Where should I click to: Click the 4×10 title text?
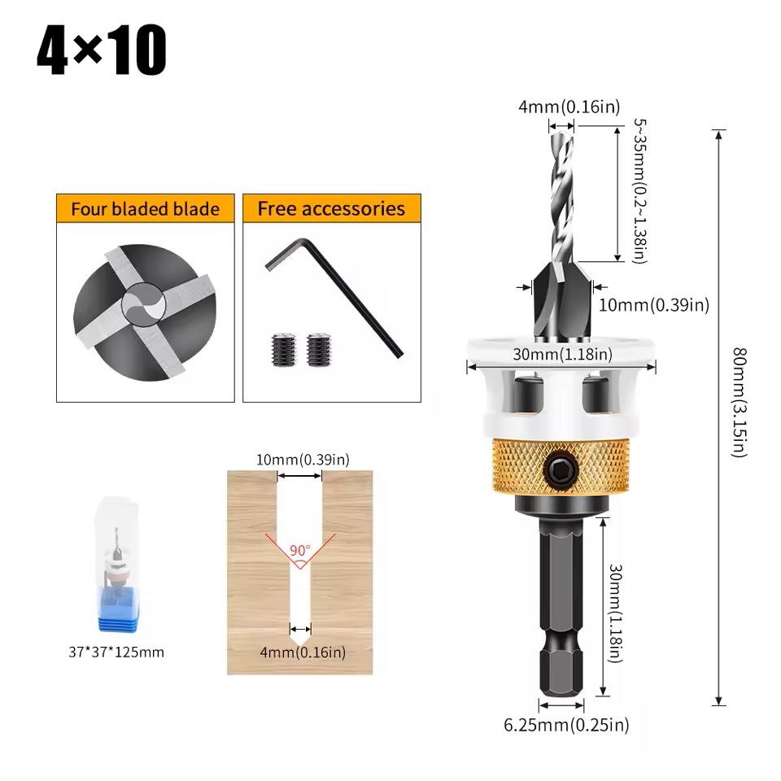tap(102, 50)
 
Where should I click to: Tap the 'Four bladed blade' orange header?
tap(145, 209)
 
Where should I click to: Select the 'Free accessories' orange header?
tap(332, 209)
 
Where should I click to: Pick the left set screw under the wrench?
tap(283, 350)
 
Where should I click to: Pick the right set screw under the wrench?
tap(318, 350)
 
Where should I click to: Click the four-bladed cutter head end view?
tap(145, 312)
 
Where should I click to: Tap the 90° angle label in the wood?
tap(300, 551)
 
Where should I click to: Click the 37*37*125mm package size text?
tap(116, 652)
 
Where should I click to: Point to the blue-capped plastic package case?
tap(116, 564)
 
